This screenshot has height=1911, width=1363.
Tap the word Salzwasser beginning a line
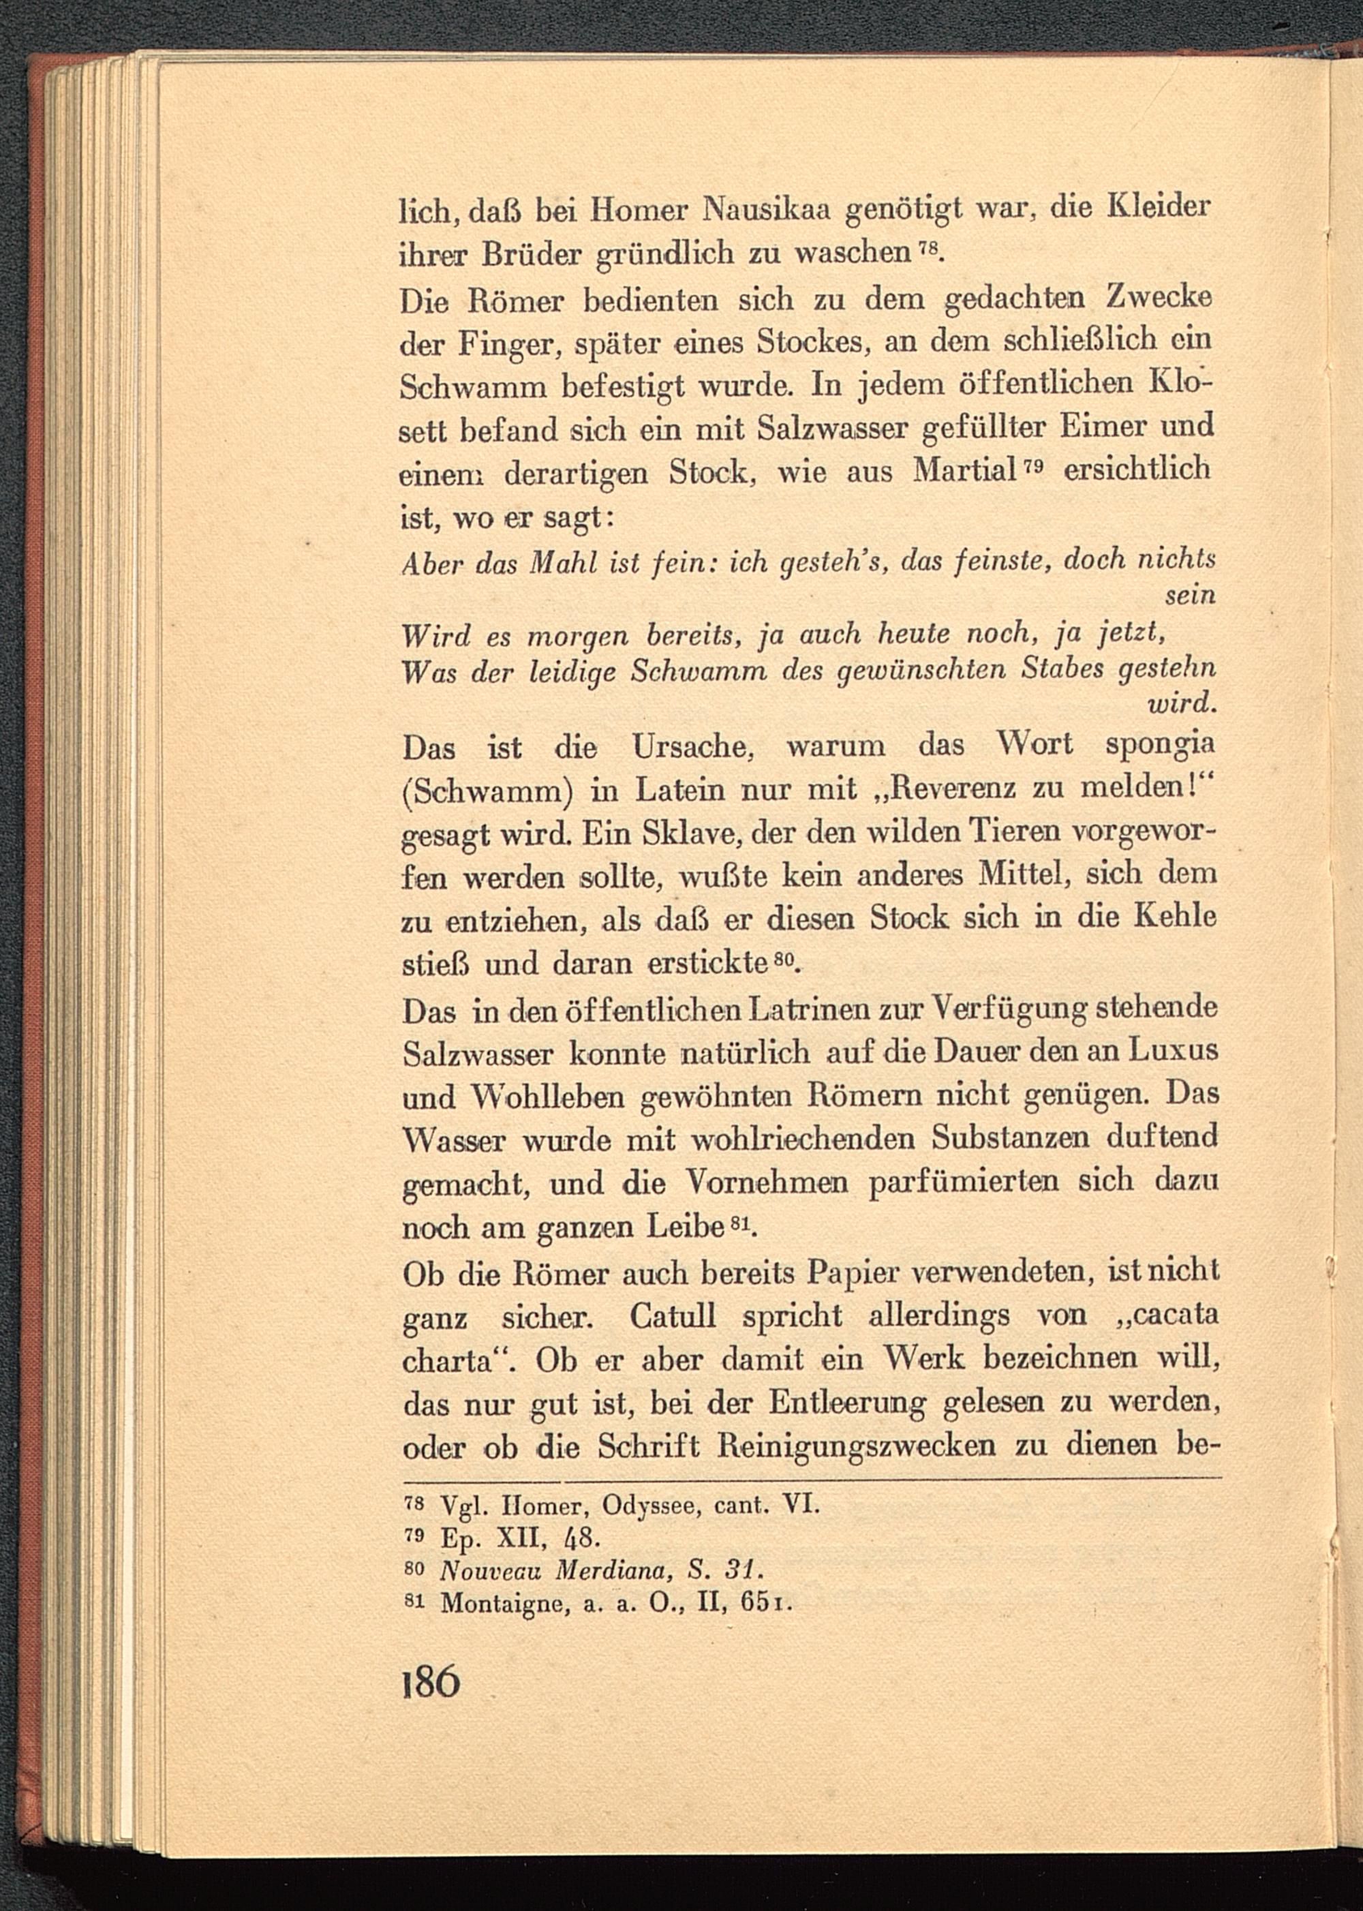coord(477,1055)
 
